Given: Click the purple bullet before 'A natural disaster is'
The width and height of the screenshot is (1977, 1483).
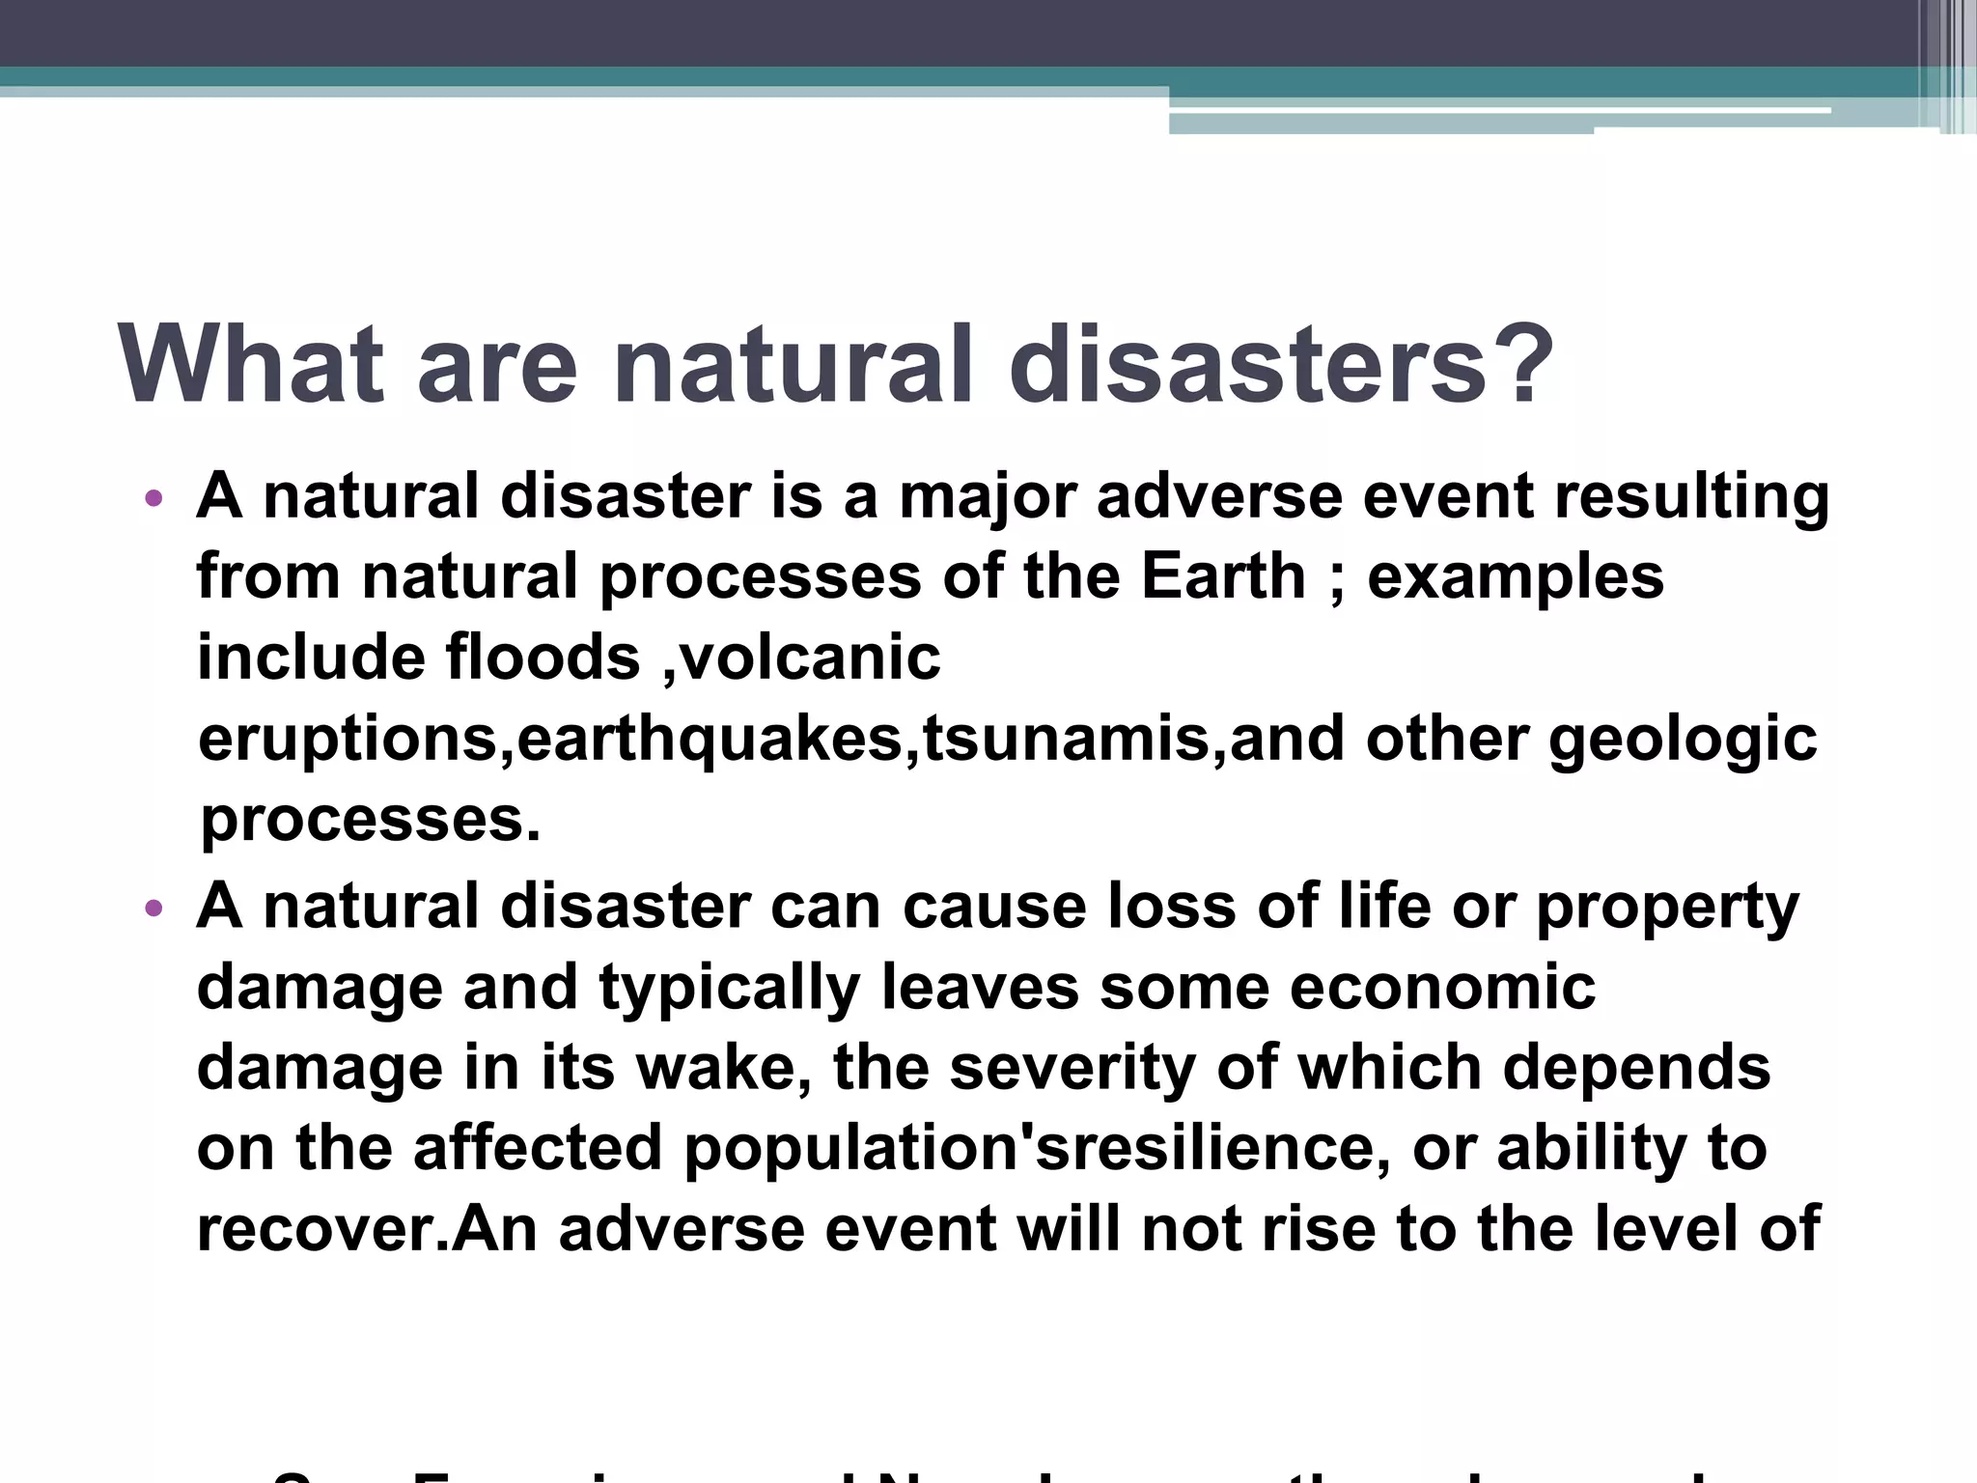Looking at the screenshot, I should [153, 500].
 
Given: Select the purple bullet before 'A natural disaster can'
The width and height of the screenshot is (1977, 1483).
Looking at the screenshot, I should [153, 909].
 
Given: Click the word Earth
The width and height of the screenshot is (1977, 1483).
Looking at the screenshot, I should [1223, 577].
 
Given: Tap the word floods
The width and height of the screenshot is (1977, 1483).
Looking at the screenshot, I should [543, 658].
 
